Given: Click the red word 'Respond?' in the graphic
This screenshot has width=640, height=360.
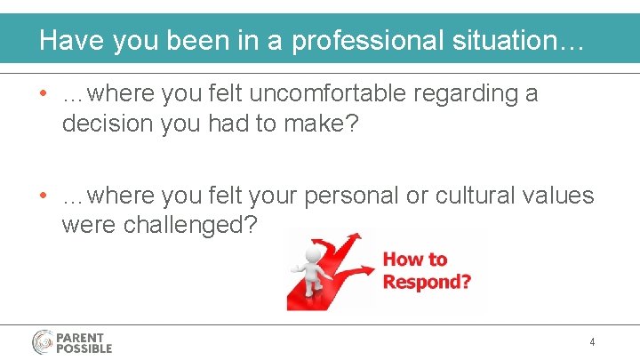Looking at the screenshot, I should click(x=427, y=282).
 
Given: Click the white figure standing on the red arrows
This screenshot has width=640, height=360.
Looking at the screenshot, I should click(x=312, y=267).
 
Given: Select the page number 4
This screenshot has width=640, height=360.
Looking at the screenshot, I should click(x=592, y=342).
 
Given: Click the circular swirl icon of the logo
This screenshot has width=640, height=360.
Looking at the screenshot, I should click(x=43, y=342).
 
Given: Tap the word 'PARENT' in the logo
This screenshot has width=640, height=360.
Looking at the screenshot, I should click(x=80, y=338).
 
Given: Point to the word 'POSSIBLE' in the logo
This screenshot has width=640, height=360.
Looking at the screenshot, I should click(x=84, y=348).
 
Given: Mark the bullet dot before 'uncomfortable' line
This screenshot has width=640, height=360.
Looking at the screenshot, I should click(x=43, y=94).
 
